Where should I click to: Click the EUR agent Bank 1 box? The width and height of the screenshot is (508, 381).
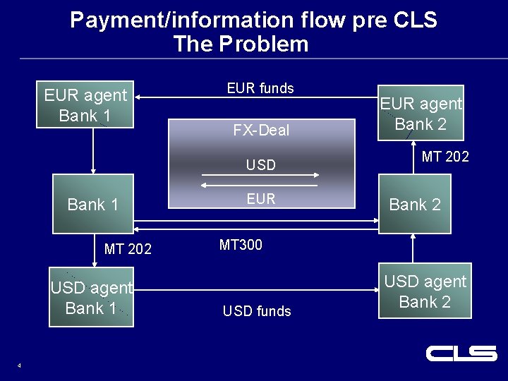pyautogui.click(x=85, y=106)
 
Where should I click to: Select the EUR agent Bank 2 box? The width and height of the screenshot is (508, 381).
pyautogui.click(x=421, y=114)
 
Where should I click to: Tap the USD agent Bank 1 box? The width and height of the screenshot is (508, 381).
pyautogui.click(x=91, y=298)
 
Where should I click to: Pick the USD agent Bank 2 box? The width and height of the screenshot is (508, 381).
pyautogui.click(x=425, y=292)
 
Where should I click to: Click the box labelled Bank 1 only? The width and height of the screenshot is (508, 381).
pyautogui.click(x=93, y=205)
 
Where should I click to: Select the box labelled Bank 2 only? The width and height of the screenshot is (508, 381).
pyautogui.click(x=415, y=205)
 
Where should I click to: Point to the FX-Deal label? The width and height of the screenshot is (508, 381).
pyautogui.click(x=261, y=130)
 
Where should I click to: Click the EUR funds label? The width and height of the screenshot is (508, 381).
pyautogui.click(x=260, y=88)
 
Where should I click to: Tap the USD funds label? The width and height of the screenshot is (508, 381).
pyautogui.click(x=257, y=311)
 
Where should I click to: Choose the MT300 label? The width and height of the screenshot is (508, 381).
pyautogui.click(x=241, y=245)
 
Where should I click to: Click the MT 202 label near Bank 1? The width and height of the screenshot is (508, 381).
pyautogui.click(x=128, y=248)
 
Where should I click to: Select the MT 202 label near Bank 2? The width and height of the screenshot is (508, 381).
pyautogui.click(x=445, y=157)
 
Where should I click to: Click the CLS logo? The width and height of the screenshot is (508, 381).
pyautogui.click(x=461, y=353)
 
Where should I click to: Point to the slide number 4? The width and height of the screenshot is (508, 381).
pyautogui.click(x=19, y=365)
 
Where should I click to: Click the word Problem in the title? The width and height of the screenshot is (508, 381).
pyautogui.click(x=263, y=44)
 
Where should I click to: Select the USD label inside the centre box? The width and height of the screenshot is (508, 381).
pyautogui.click(x=260, y=165)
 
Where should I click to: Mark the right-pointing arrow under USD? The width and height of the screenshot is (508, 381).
pyautogui.click(x=260, y=175)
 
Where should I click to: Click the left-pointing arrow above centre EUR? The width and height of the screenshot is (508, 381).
pyautogui.click(x=260, y=186)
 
